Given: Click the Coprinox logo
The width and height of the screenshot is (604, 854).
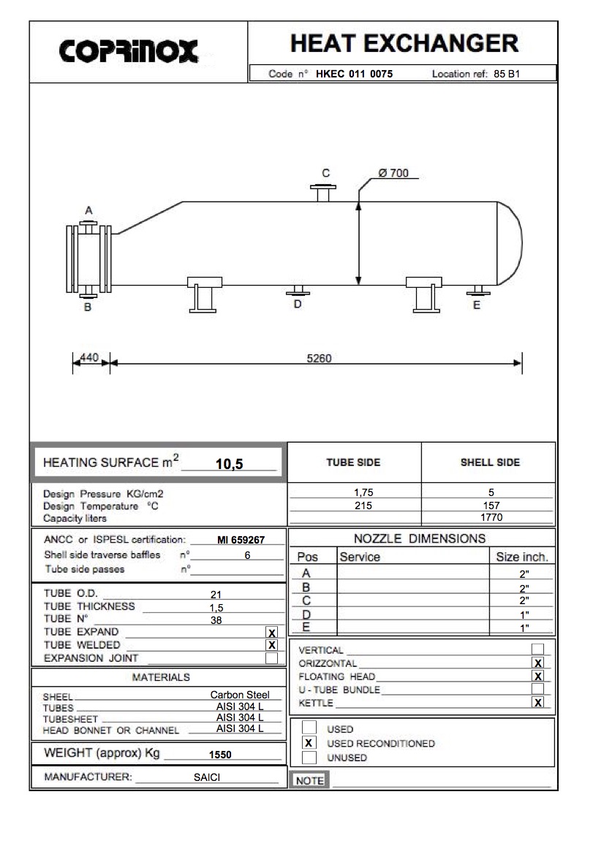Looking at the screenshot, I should coord(129,51).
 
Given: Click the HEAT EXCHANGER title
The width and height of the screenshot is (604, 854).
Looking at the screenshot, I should coord(404,43).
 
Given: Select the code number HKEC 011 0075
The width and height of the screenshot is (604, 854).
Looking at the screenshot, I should coord(359,74).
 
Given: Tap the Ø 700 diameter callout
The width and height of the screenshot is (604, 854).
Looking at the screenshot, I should coord(393,173).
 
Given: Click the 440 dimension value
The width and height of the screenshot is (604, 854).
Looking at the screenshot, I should coord(89,357).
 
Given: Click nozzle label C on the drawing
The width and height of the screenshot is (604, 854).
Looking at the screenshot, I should coord(326,173).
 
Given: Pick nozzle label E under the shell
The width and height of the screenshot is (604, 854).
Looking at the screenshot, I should coord(477,305).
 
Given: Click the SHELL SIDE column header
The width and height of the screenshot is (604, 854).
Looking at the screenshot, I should coord(489,462).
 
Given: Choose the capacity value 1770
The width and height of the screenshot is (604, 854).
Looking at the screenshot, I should coord(491,517).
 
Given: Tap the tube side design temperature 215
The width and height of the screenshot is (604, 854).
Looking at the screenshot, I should coord(363,505).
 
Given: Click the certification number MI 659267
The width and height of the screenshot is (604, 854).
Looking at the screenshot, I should coord(241,541).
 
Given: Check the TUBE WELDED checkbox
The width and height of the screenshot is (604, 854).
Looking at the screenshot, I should coord(272,645).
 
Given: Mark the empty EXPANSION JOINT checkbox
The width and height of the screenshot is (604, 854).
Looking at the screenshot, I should coord(272,658).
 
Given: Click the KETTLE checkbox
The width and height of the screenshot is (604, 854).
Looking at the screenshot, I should coord(538,703).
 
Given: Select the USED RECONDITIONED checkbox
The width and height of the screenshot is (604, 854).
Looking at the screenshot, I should coord(309,743).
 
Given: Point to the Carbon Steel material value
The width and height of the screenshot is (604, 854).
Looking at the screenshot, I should coord(240,695).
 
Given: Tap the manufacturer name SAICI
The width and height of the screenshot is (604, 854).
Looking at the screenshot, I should coord(207,777).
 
